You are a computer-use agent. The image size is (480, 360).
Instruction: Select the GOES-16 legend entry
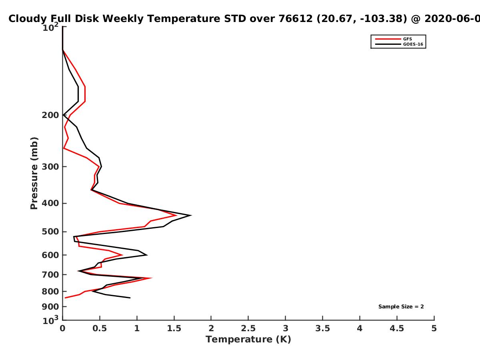coord(399,44)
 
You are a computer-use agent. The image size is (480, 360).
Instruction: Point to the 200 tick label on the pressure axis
coord(50,115)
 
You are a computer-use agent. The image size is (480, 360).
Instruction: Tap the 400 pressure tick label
coord(50,203)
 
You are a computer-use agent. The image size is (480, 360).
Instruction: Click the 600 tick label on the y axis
coord(50,255)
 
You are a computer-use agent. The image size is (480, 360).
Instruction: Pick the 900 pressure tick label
coord(50,307)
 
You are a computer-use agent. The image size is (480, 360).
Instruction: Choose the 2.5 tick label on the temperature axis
coord(248,328)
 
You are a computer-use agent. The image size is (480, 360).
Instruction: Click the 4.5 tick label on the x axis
coord(397,328)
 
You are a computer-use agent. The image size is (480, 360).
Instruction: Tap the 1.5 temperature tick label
coord(174,328)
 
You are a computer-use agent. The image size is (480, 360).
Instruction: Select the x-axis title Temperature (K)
coord(248,340)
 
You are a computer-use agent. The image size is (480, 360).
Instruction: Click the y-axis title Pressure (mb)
coord(34,173)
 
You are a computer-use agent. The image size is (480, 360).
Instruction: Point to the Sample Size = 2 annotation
coord(401,307)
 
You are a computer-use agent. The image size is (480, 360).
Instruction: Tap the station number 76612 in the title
coord(296,19)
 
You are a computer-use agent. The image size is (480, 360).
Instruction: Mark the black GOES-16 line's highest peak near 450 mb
coord(191,216)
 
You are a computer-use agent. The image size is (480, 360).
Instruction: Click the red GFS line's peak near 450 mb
coord(176,216)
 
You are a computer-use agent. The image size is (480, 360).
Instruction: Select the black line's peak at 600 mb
coord(147,255)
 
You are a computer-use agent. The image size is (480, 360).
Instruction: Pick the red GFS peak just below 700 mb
coord(152,278)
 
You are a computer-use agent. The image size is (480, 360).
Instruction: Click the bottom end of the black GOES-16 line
coord(130,298)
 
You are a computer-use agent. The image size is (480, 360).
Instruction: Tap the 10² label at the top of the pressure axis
coord(50,27)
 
